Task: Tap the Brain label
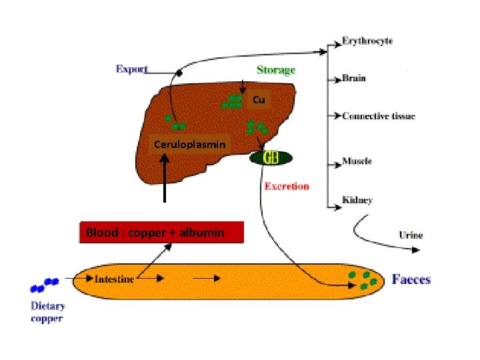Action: point(354,78)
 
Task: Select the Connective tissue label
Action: point(379,115)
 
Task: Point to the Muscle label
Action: point(357,161)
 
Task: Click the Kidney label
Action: point(357,199)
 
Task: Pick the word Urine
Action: point(410,235)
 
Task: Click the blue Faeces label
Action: point(411,279)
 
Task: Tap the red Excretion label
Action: point(287,186)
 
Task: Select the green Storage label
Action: point(276,69)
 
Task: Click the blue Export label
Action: point(132,69)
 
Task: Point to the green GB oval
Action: point(271,158)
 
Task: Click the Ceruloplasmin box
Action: point(189,144)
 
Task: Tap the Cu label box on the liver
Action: point(259,100)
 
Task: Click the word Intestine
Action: point(114,279)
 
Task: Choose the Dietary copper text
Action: point(48,312)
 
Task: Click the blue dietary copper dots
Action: point(45,286)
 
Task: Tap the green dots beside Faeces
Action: point(363,280)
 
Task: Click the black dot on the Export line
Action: point(179,73)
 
